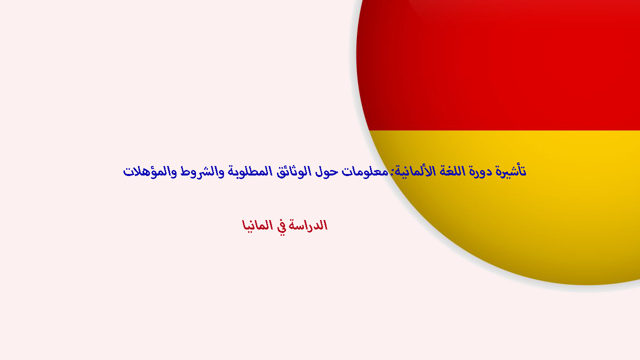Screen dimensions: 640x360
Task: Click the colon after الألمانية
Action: pos(392,172)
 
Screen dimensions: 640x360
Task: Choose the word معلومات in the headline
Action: pos(365,171)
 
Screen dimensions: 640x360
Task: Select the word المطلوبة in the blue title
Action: pos(250,171)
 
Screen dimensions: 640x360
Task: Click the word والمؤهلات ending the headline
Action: pos(150,171)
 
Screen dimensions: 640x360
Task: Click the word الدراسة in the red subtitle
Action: pos(308,225)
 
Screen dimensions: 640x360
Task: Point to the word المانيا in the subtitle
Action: pos(257,225)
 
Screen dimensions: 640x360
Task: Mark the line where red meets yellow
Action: pos(504,130)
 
